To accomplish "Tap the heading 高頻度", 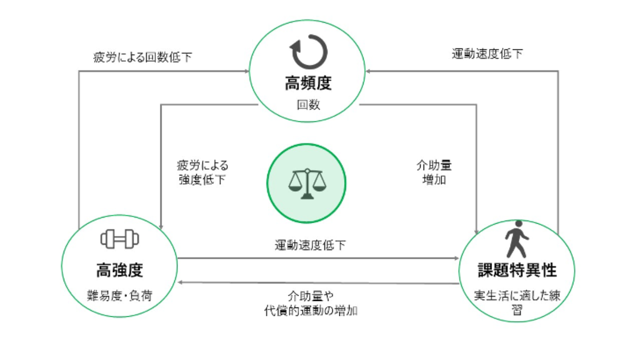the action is pos(308,83).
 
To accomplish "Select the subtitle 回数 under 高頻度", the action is pos(308,105).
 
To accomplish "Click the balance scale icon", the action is pos(307,184).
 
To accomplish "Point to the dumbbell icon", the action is pos(119,239).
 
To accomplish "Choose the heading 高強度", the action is pos(119,270).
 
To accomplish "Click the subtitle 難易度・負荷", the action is pos(119,296).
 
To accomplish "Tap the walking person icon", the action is pos(517,239).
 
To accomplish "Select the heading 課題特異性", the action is pos(517,270).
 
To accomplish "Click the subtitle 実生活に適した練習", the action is pos(517,302).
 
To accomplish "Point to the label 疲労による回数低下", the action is pos(142,57).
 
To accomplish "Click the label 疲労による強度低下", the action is pos(203,173).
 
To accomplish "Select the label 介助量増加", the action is pos(434,173).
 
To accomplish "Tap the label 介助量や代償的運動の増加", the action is pos(311,303).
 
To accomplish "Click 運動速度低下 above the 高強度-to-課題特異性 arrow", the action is pos(310,245).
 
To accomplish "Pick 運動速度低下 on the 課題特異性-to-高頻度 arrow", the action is pos(487,53).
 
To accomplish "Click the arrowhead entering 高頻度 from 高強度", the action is pos(247,71).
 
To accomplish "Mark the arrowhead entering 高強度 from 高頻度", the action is pos(161,227).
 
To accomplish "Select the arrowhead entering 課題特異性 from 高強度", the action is pos(457,258).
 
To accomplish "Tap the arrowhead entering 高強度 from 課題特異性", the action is pos(180,282).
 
